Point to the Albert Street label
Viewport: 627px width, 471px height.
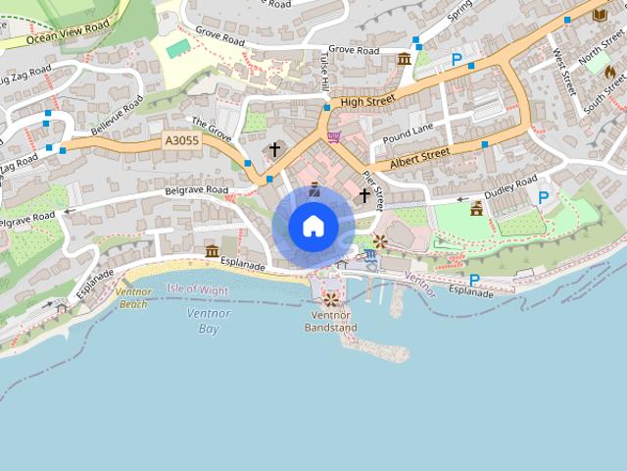point(419,157)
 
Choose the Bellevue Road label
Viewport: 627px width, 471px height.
point(117,115)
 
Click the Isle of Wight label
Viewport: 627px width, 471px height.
point(197,289)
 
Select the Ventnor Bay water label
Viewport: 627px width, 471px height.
point(209,321)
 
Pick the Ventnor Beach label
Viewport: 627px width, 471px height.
point(132,297)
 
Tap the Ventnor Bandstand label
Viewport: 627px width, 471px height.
point(330,321)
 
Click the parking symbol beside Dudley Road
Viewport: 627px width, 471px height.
point(543,197)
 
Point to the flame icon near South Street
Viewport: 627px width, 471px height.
point(609,72)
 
